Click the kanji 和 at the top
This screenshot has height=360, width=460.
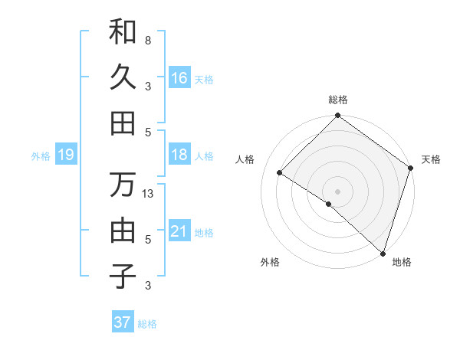click(x=123, y=31)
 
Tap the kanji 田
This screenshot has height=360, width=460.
click(x=123, y=123)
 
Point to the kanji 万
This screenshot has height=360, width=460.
click(x=123, y=185)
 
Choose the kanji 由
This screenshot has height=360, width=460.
click(x=123, y=230)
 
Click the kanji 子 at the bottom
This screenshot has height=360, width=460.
click(x=123, y=276)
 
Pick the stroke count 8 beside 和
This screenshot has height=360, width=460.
click(x=148, y=40)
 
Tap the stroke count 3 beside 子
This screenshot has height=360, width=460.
click(x=148, y=286)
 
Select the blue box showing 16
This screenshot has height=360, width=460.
click(x=179, y=78)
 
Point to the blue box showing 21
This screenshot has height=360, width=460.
click(x=179, y=232)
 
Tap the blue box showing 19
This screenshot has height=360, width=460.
click(x=65, y=155)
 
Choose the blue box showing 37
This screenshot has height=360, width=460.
click(x=123, y=322)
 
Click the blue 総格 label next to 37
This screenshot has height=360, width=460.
click(x=147, y=324)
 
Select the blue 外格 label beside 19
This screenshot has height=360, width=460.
click(x=41, y=156)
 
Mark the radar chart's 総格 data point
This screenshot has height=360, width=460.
click(x=337, y=117)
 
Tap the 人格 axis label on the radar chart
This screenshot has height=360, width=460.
click(x=246, y=159)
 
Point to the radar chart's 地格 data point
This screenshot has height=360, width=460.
click(x=383, y=252)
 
